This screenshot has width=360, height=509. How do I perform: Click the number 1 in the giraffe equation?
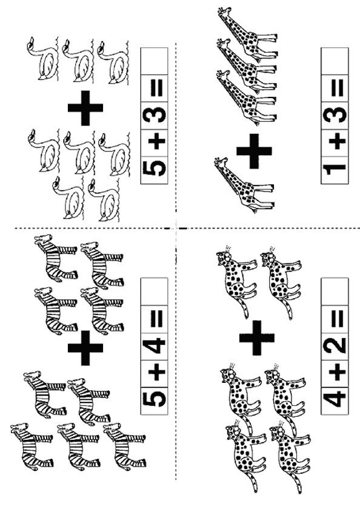335,170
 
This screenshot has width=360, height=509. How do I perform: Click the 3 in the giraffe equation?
335,115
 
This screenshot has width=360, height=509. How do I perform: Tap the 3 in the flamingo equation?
155,115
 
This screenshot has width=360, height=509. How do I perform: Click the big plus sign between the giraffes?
254,151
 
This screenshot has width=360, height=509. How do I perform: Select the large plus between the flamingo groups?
85,108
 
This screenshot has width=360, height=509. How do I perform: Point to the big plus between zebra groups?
85,348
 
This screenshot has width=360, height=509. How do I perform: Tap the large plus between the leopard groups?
257,338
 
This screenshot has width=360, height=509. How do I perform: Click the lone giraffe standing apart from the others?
244,185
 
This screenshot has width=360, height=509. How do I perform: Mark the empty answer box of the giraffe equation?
335,61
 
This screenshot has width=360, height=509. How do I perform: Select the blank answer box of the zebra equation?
154,291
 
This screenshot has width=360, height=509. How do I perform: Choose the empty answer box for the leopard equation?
335,291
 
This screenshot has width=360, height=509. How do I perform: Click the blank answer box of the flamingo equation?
154,61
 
